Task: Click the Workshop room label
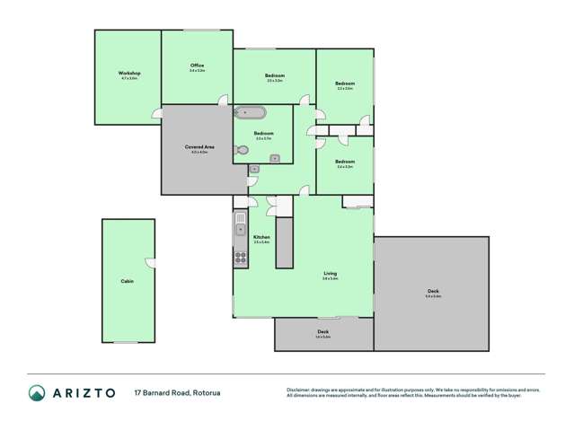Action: pyautogui.click(x=128, y=73)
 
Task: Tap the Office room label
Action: pyautogui.click(x=197, y=66)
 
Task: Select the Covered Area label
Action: pyautogui.click(x=199, y=146)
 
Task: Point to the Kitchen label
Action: pyautogui.click(x=261, y=237)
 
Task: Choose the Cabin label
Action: pyautogui.click(x=127, y=281)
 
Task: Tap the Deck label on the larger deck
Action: pyautogui.click(x=433, y=290)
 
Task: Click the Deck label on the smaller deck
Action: pyautogui.click(x=323, y=332)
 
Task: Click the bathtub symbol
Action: pyautogui.click(x=250, y=113)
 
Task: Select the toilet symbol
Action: pyautogui.click(x=241, y=153)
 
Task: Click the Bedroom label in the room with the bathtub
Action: pyautogui.click(x=263, y=133)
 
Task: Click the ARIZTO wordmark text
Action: pyautogui.click(x=83, y=392)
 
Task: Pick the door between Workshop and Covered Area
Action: pyautogui.click(x=158, y=113)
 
